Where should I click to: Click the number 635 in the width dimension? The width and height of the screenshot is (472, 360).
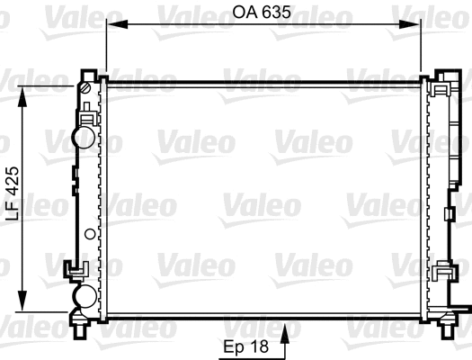pos(280,14)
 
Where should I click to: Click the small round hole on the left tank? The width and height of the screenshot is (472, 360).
pos(88,234)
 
